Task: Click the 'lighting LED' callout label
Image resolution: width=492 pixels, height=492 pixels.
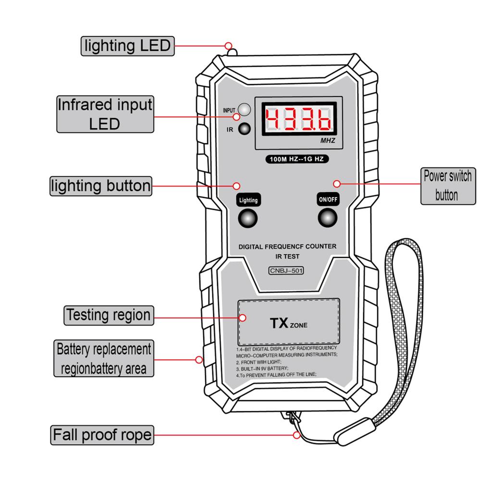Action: click(x=127, y=46)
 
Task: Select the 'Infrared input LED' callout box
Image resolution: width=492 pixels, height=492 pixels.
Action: click(x=105, y=114)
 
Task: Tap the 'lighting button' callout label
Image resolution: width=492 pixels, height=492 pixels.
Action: click(x=101, y=186)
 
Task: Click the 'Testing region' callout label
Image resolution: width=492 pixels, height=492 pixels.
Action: click(x=109, y=316)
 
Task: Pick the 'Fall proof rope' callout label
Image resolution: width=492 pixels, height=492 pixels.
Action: click(x=102, y=435)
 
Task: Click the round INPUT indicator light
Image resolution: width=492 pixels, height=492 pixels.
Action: click(x=245, y=110)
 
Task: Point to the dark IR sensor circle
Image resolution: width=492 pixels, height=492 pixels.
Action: click(x=245, y=129)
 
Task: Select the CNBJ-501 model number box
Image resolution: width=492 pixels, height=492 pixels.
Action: click(x=286, y=270)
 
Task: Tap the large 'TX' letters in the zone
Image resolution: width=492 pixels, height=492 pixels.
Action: click(x=279, y=323)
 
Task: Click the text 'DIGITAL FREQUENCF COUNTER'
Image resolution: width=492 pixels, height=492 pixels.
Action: click(x=287, y=246)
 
